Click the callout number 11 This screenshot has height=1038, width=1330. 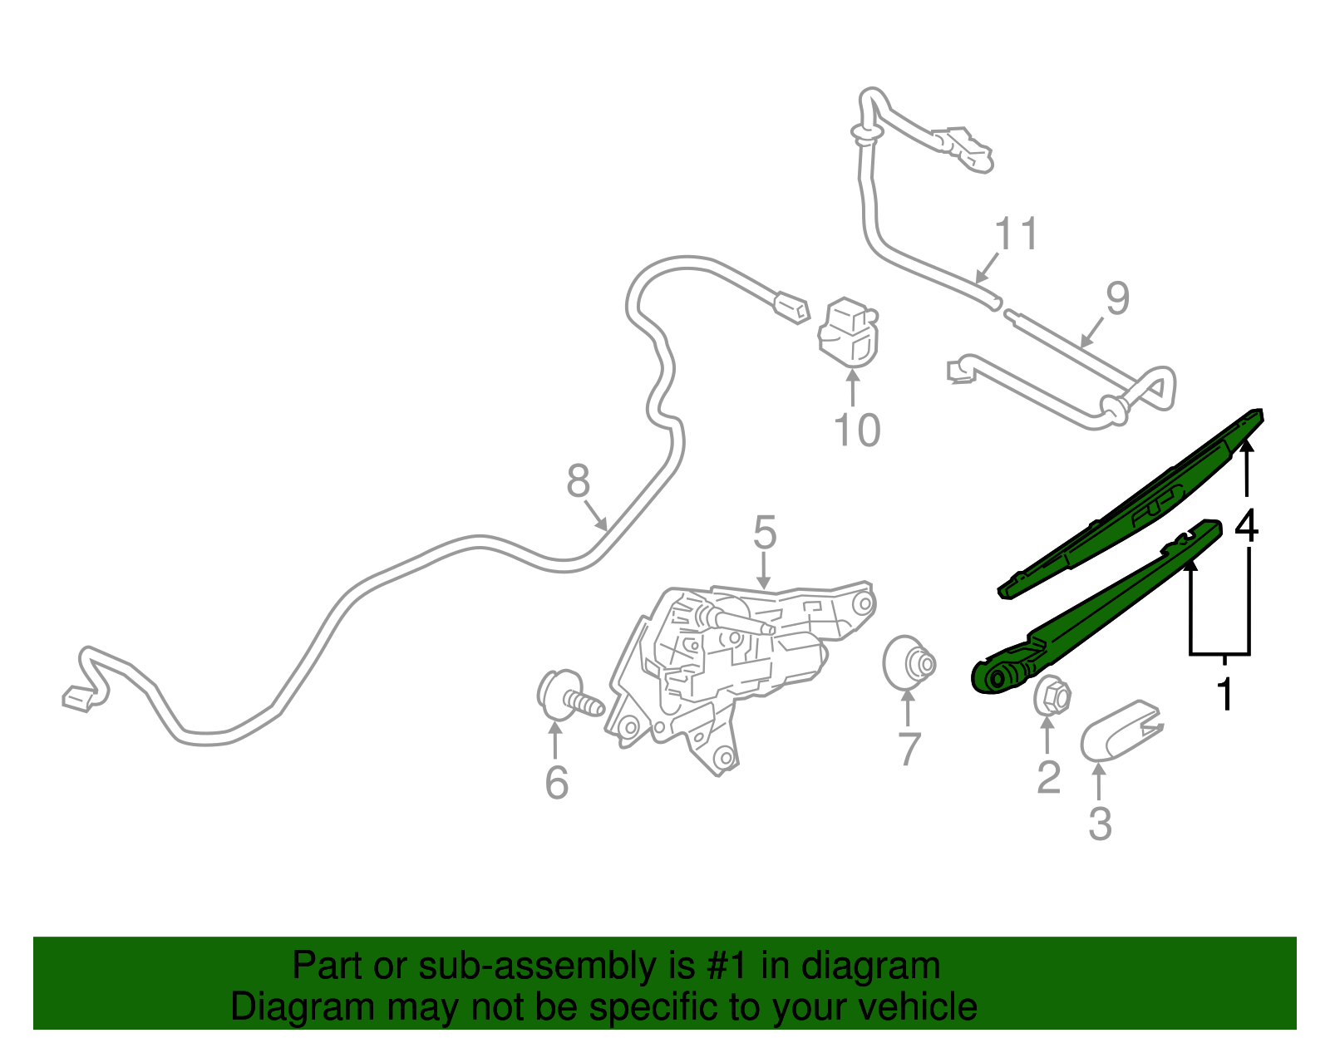(1017, 234)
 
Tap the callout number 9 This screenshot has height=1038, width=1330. (1118, 298)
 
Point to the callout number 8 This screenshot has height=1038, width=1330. (578, 480)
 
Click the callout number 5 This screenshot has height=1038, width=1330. (765, 532)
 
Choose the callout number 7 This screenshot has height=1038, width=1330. (909, 749)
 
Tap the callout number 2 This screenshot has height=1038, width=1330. (1048, 777)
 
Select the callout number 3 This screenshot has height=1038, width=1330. (1100, 824)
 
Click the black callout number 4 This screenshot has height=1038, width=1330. (1246, 525)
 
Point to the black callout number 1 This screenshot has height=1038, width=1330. (1224, 693)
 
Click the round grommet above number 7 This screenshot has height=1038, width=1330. (909, 662)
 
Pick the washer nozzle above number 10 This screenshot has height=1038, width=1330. (849, 332)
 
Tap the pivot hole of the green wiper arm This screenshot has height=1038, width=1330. (997, 677)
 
